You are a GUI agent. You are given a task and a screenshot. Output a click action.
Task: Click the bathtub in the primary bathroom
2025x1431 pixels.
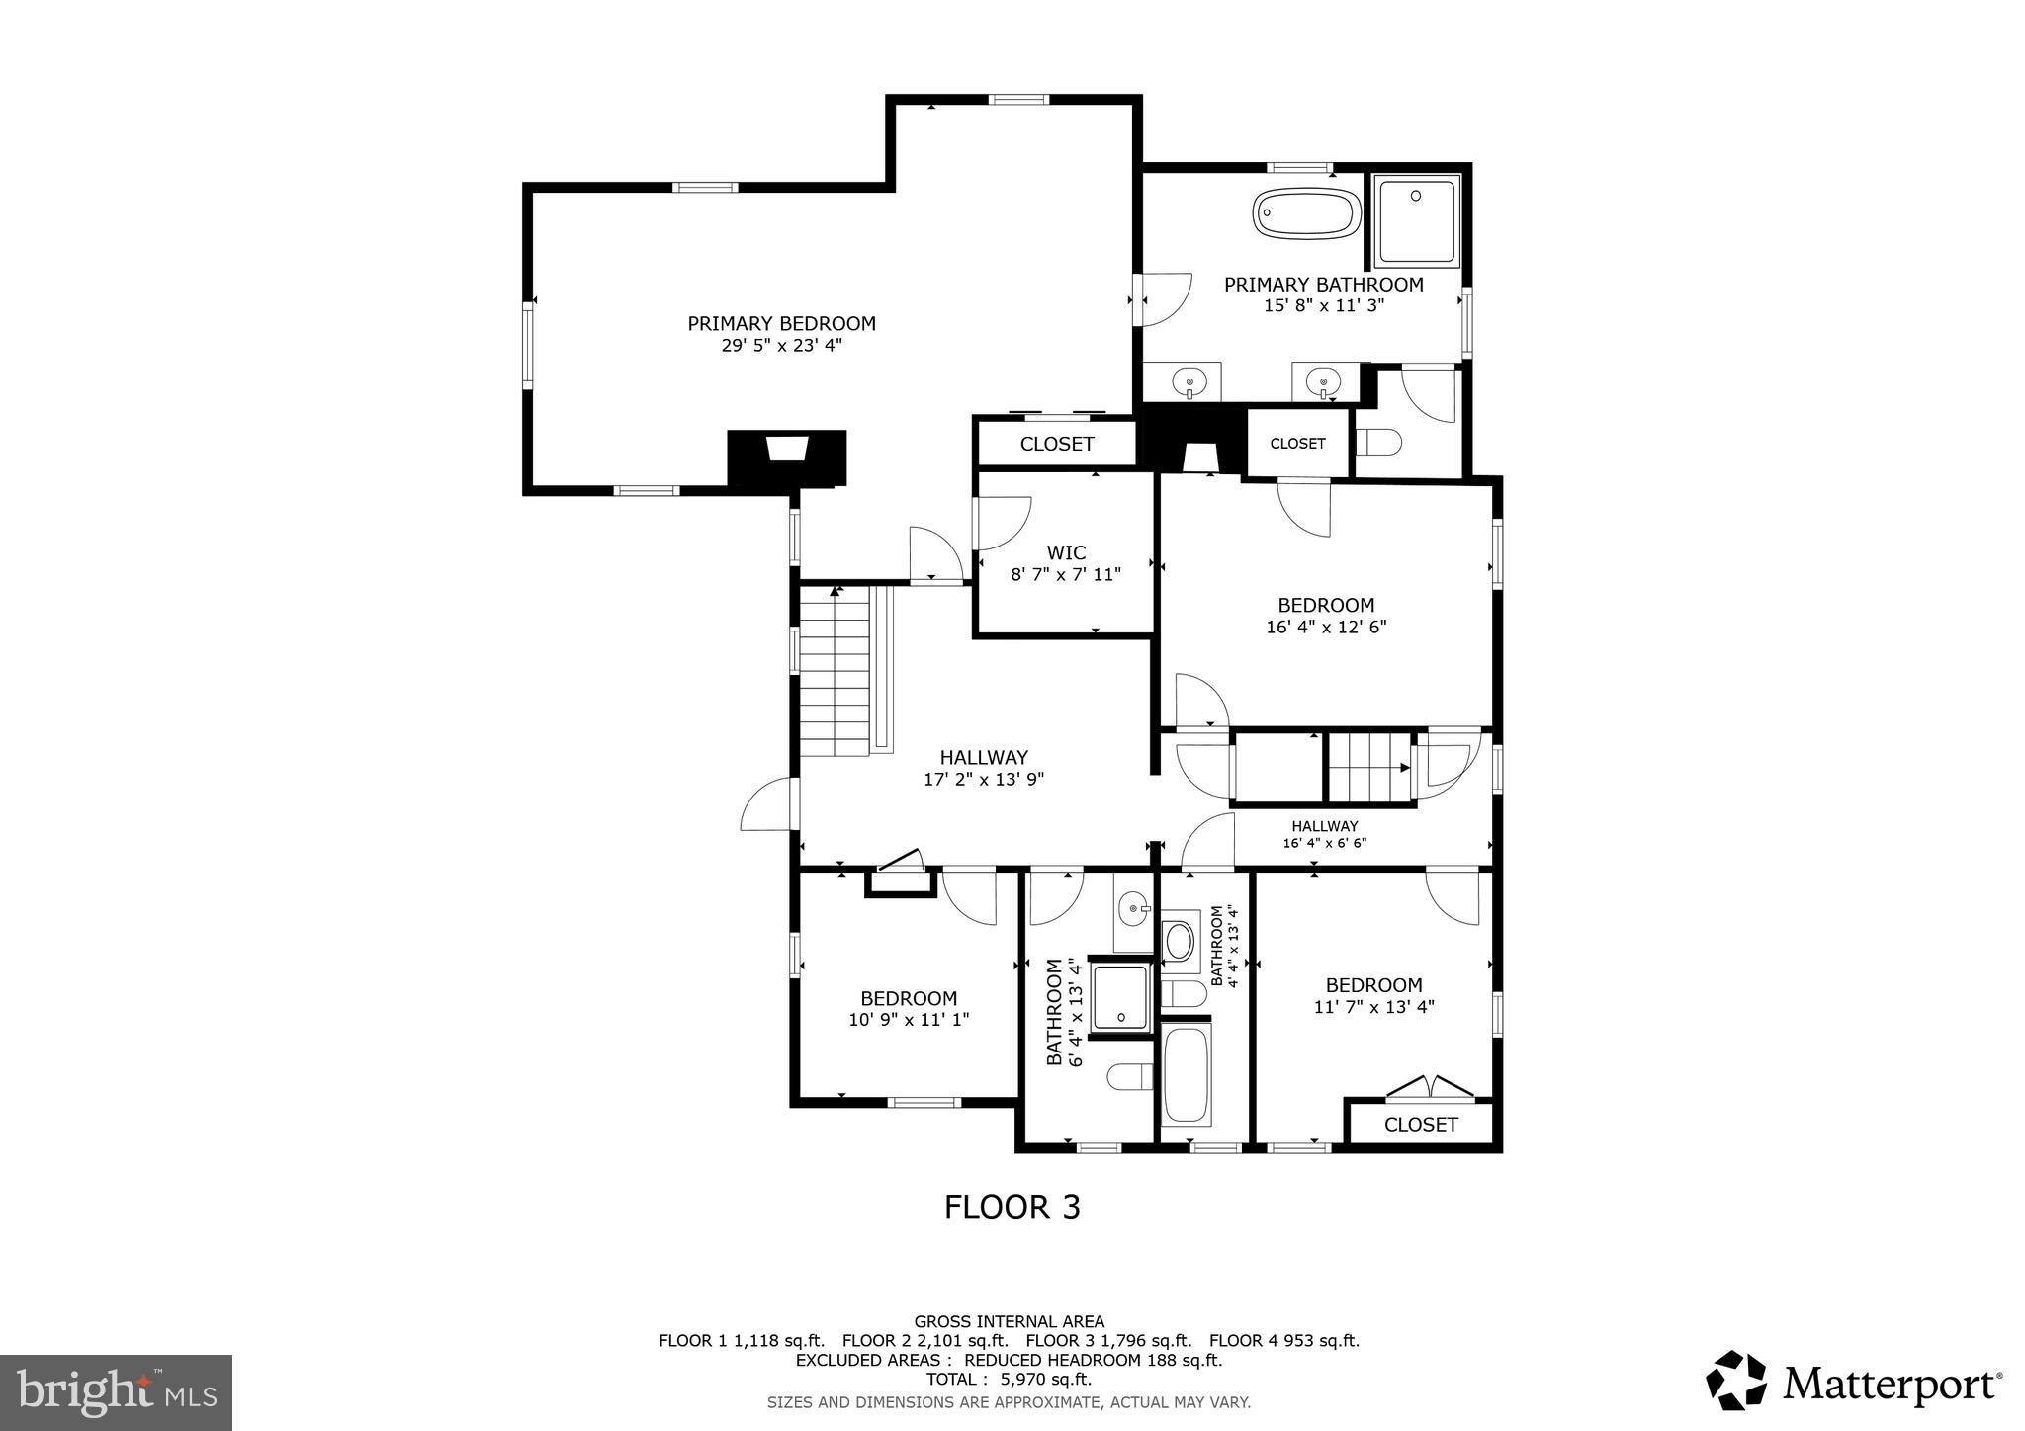1307,213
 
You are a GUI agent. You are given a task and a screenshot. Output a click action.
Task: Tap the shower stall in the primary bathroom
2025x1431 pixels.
1416,221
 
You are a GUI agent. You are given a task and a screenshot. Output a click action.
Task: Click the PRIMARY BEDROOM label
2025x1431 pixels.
781,323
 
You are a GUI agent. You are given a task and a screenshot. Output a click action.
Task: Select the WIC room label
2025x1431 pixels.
1066,552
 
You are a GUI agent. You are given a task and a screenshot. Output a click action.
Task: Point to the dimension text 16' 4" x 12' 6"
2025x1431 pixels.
1326,627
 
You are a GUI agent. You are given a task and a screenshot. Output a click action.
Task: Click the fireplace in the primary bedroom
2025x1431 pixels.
787,457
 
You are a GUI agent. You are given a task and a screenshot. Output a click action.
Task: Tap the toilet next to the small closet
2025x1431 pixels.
1378,442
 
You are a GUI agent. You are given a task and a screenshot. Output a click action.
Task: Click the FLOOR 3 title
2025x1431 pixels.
1012,1207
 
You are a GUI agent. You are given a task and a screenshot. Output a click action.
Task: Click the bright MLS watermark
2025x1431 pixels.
116,1392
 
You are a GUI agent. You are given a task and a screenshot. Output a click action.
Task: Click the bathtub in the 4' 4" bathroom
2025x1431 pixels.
1186,1074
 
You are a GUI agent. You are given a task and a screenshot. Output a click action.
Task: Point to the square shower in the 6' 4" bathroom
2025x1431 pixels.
1120,996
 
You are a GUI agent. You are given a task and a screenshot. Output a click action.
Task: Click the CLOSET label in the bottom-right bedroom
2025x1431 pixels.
1420,1125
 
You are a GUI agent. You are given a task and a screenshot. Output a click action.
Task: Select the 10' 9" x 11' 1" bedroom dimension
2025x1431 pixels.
909,1020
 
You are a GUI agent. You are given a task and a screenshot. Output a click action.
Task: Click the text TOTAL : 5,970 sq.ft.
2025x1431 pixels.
1009,1379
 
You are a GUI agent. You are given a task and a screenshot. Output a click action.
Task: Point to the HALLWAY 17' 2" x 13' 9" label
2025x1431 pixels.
984,768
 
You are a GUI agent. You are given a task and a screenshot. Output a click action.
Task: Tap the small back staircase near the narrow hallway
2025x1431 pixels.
1368,768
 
